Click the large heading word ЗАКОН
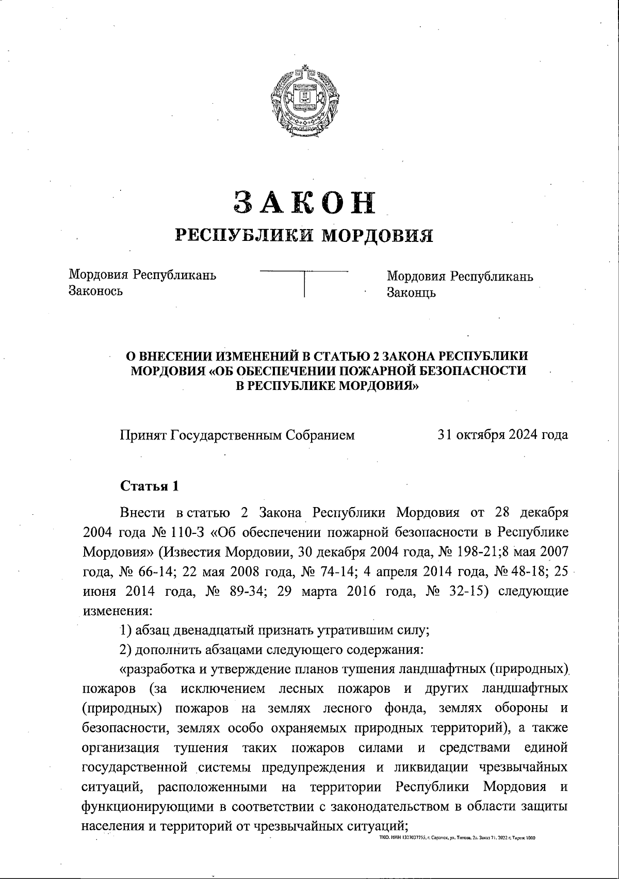[x=305, y=202]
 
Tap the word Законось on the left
[x=96, y=291]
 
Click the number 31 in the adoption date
[x=445, y=434]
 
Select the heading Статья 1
[x=150, y=486]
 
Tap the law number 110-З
[x=188, y=532]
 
